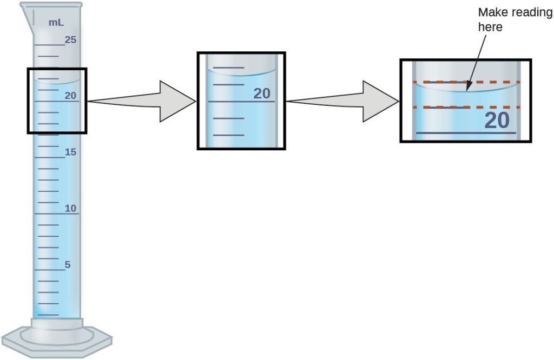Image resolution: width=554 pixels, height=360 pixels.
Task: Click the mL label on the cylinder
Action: point(55,23)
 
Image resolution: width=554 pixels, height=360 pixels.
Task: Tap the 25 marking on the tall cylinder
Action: point(71,39)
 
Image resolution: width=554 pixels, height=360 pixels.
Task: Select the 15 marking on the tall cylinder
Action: point(71,152)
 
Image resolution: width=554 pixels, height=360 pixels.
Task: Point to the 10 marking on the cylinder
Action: point(71,209)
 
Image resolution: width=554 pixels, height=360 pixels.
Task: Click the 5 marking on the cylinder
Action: point(68,265)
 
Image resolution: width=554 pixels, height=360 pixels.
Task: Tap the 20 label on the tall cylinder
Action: point(71,96)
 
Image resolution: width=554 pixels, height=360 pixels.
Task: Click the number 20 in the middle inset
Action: point(262,94)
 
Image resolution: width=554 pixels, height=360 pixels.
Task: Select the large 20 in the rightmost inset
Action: point(497,121)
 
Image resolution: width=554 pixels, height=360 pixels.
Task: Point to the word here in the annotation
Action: point(490,26)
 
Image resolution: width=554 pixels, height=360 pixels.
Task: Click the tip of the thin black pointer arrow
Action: point(467,90)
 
